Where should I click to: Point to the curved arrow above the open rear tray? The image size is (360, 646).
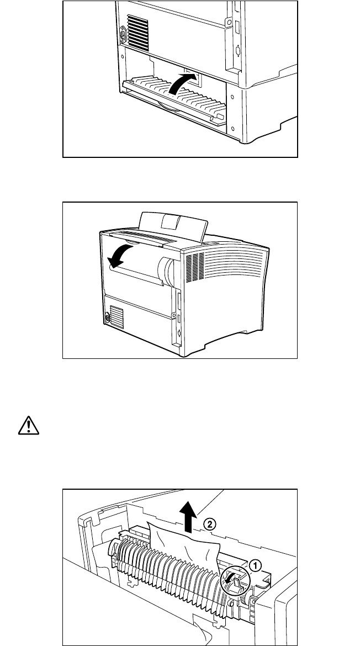182,86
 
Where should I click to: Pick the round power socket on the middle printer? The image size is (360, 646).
107,318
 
